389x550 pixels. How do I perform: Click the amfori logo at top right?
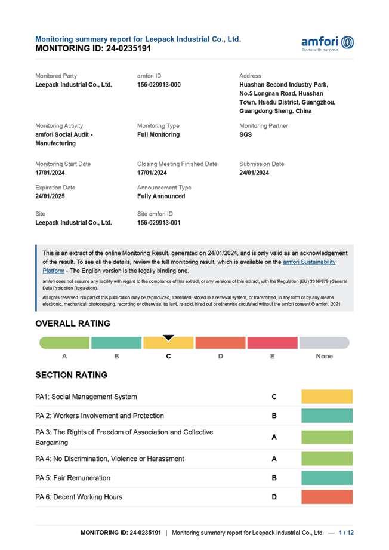tap(328, 43)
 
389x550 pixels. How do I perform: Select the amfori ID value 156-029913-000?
tap(159, 85)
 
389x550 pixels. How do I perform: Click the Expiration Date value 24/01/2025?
tap(51, 196)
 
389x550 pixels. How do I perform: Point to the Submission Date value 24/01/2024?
tap(254, 173)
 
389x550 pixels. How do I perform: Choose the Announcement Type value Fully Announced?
tap(161, 196)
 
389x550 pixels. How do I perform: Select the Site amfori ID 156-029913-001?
tap(159, 223)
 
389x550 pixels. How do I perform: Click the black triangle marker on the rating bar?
tap(169, 338)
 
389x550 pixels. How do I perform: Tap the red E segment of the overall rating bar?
tap(272, 343)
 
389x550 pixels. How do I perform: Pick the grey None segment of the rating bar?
tap(324, 343)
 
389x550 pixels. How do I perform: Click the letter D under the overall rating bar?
tap(220, 357)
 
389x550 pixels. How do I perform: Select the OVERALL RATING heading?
tap(73, 324)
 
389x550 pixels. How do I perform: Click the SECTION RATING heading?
tap(72, 375)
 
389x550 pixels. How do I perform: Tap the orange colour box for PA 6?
tap(327, 497)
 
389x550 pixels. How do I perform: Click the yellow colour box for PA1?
tap(327, 397)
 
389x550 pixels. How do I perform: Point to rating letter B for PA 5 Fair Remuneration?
tap(274, 478)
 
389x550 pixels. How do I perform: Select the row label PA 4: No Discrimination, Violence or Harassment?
tap(110, 459)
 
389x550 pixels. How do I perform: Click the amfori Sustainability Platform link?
tap(308, 262)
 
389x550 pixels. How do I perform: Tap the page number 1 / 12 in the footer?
tap(346, 533)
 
